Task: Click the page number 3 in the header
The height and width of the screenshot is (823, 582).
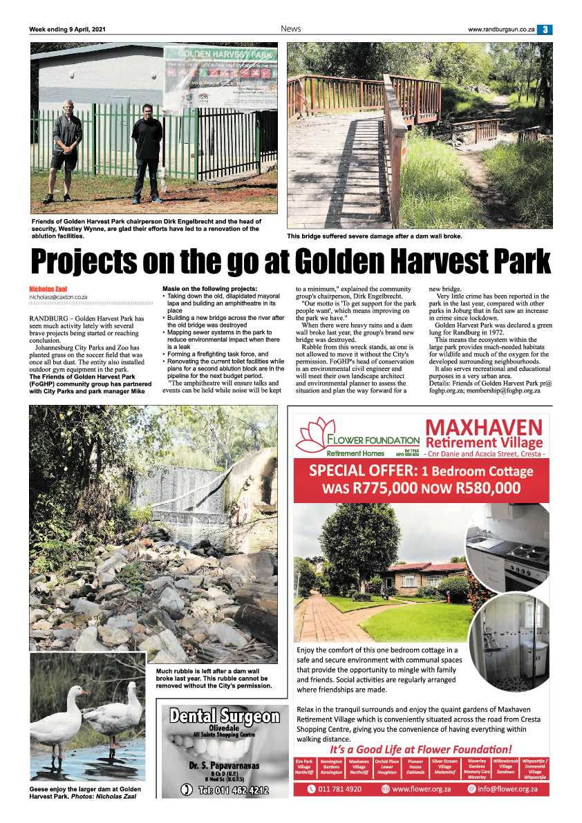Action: pos(546,29)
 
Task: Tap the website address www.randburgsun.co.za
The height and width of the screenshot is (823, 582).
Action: pos(501,29)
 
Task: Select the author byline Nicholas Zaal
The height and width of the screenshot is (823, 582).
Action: pos(48,288)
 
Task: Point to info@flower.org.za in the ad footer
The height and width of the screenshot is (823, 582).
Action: pos(501,788)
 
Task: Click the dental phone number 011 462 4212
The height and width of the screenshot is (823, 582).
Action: pos(225,790)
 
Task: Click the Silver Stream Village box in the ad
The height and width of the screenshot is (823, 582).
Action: pos(445,766)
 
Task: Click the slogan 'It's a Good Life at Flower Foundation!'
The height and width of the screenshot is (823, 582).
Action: pos(420,749)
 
